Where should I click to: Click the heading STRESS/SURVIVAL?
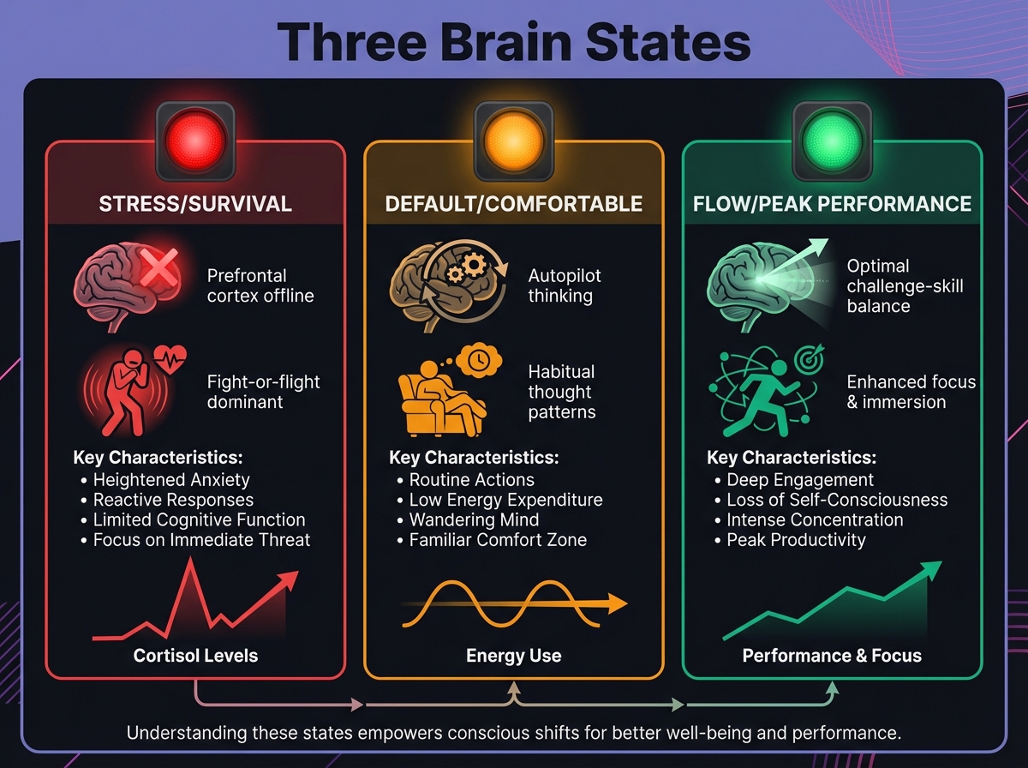pos(195,204)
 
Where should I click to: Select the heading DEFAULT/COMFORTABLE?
pos(514,204)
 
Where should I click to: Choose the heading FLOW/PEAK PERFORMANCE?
pos(832,204)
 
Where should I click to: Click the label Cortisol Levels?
pos(195,656)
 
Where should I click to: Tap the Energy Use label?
pos(514,656)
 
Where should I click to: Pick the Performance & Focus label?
pos(832,656)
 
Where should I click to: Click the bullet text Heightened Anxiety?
pos(171,480)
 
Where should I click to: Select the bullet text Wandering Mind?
pos(474,520)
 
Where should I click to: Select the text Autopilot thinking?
pos(565,285)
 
